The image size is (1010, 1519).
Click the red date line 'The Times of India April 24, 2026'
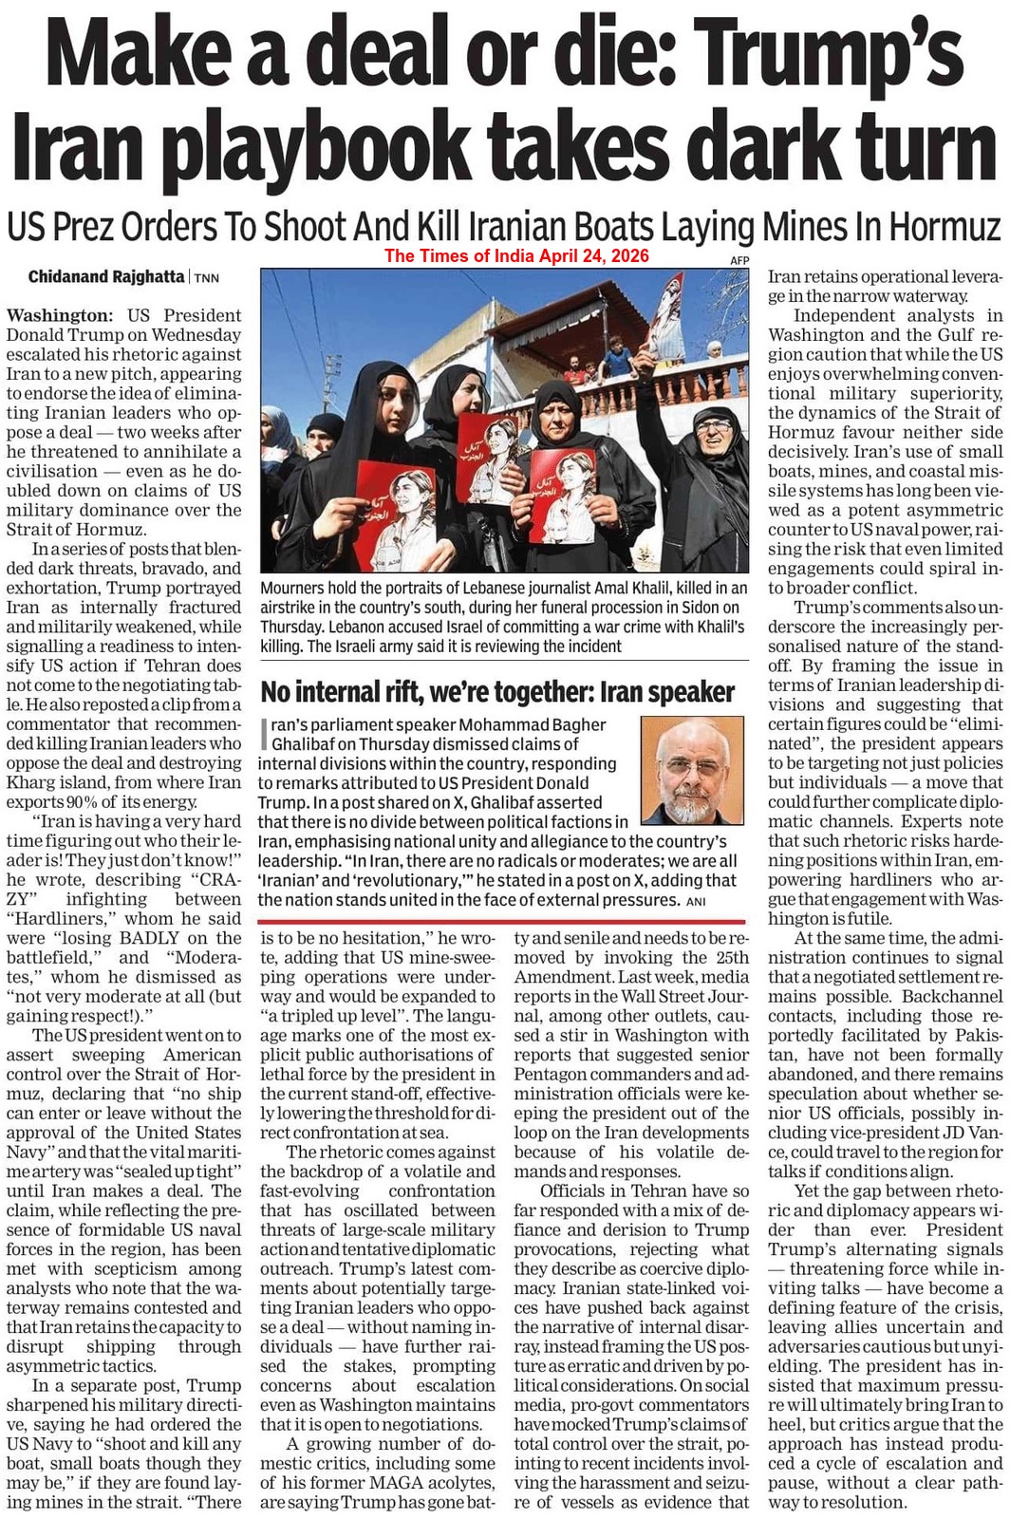click(516, 255)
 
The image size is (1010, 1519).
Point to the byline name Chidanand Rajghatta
click(106, 277)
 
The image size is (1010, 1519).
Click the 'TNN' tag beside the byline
click(207, 278)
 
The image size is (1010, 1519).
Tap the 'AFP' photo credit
click(739, 260)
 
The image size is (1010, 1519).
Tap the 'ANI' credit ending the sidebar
click(697, 901)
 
